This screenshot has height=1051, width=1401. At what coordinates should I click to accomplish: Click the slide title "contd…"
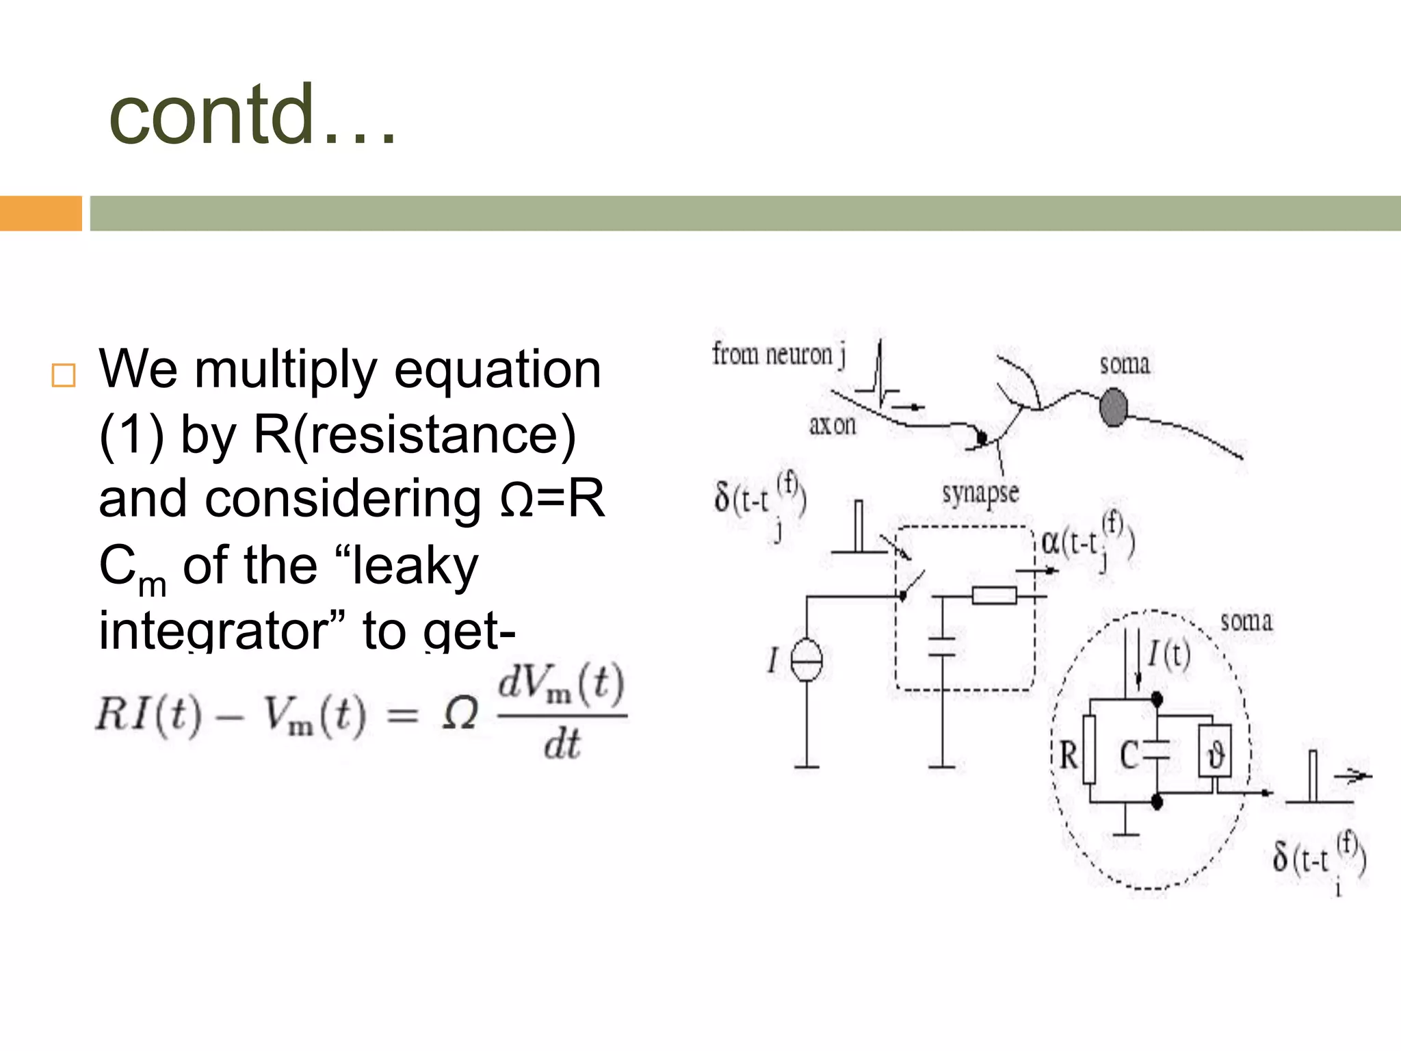tap(252, 115)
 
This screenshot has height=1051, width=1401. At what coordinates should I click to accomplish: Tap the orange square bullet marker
tap(64, 376)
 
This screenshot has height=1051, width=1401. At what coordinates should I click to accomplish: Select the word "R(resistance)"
tap(415, 435)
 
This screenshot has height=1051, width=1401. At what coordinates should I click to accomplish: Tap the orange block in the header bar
tap(40, 213)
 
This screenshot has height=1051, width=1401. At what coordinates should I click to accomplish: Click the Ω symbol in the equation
tap(460, 714)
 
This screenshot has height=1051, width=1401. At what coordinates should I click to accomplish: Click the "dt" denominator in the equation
tap(562, 745)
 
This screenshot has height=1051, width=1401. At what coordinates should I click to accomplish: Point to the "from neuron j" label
tap(778, 354)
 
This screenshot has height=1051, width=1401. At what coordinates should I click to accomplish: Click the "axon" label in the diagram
tap(832, 426)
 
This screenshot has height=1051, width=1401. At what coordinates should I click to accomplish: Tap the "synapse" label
tap(980, 493)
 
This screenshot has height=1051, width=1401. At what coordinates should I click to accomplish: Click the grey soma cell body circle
tap(1113, 407)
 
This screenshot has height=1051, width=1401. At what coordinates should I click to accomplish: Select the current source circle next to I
tap(807, 660)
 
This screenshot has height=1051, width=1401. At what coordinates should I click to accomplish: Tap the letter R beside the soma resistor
tap(1068, 756)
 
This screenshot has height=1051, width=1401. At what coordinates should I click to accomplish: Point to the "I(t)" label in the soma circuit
tap(1169, 654)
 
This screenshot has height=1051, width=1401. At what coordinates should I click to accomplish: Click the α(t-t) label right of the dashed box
tap(1087, 543)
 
